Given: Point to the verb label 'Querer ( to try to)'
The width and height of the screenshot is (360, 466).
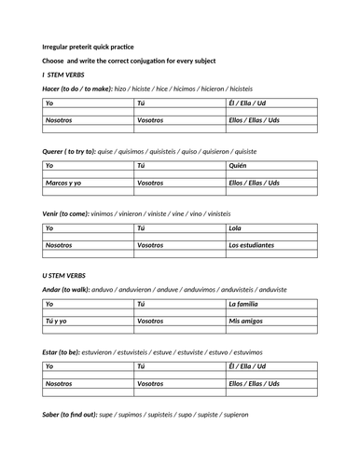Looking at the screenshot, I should coord(75,150).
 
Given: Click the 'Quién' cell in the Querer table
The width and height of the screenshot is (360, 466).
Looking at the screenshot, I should coord(240,165).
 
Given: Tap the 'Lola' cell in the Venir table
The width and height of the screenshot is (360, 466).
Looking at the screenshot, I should coord(237,227).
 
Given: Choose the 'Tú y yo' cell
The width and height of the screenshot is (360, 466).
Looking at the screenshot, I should coord(58,322).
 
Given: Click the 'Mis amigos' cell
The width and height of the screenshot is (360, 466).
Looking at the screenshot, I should coord(247,322).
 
